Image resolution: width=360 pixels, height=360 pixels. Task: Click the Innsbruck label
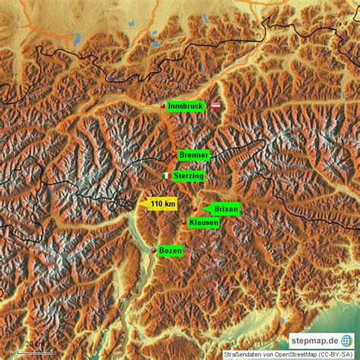(185, 106)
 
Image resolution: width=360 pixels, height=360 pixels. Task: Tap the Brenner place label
(194, 155)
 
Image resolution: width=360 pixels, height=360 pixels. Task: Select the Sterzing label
(188, 176)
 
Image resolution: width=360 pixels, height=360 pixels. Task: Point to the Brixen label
(226, 208)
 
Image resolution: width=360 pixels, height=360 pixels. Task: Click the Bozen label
(170, 251)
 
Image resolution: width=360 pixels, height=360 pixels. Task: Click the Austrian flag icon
(215, 106)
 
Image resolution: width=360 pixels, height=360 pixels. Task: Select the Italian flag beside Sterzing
(166, 176)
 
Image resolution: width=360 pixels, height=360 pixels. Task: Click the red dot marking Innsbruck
(163, 106)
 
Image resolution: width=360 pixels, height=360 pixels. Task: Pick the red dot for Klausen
(184, 222)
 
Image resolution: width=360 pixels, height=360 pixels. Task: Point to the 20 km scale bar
(35, 349)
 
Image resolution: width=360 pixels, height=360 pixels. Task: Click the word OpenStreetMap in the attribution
(293, 354)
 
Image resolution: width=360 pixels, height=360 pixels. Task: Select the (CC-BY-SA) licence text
(337, 354)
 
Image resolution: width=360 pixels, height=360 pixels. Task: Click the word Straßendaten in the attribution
(242, 354)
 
